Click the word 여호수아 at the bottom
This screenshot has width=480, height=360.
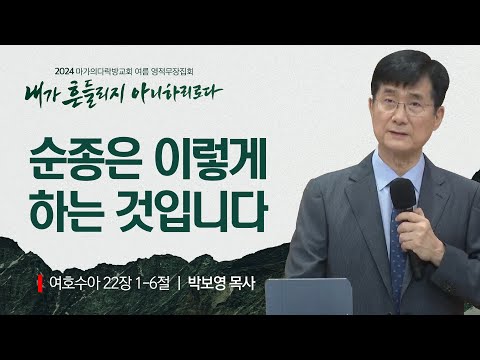click(x=75, y=282)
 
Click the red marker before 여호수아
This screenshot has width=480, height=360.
click(x=41, y=282)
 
